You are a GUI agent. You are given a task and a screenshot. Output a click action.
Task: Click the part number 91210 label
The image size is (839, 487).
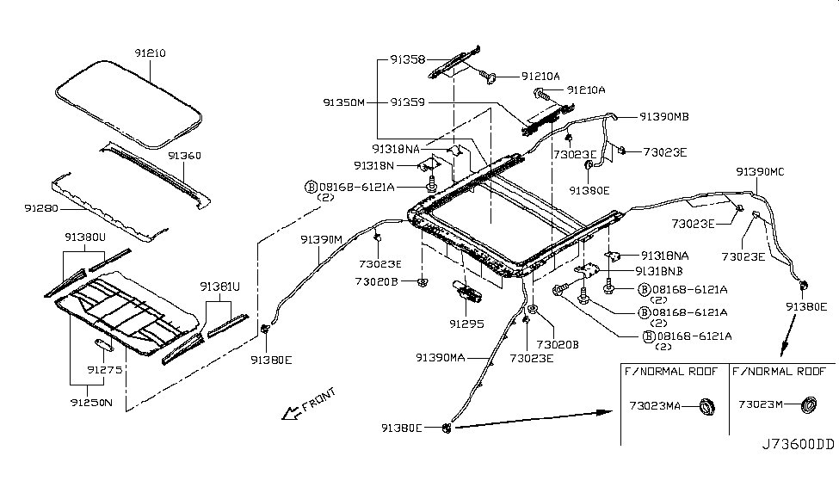(x=149, y=53)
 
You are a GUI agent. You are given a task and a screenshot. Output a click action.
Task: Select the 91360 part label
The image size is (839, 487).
(x=184, y=157)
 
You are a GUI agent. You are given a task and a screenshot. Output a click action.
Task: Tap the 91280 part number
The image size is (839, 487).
(x=41, y=208)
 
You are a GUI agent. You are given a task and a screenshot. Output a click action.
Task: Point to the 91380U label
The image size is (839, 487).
(x=85, y=236)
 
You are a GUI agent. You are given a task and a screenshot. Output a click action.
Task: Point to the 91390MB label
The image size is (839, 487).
(x=663, y=116)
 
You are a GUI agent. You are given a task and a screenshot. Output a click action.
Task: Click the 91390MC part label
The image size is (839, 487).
(x=760, y=171)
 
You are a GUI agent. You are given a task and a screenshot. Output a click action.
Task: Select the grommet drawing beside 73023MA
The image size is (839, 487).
(x=706, y=404)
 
